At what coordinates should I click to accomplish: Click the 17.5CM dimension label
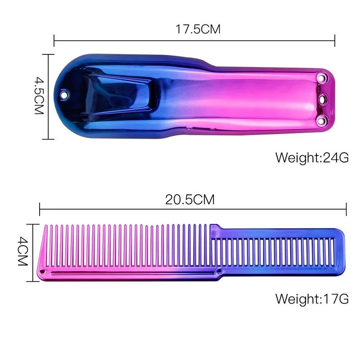point(198,29)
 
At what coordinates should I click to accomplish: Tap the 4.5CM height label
point(39,95)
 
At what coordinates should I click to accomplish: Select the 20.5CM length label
point(190,199)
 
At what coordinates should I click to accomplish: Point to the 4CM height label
point(23,252)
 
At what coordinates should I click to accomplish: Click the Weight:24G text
point(312,158)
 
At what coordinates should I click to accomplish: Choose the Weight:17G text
point(312,299)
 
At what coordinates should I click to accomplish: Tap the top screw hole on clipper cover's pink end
point(320,78)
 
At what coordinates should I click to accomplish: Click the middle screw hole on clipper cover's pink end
point(322,99)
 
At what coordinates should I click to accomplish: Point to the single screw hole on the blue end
point(64,94)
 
